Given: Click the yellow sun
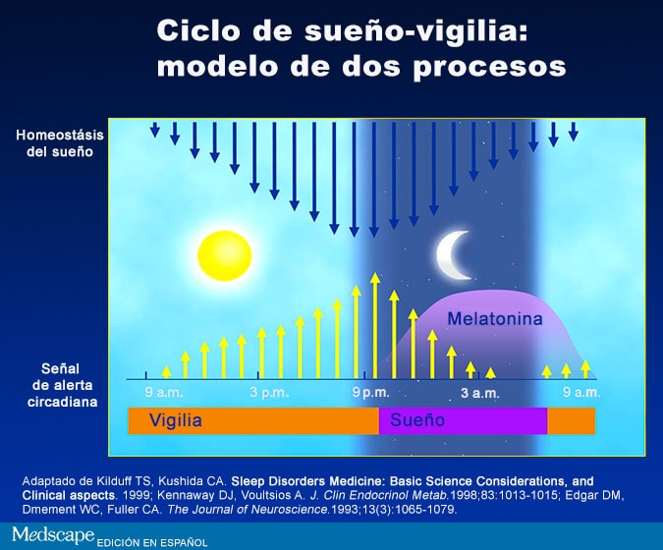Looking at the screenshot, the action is click(x=225, y=255).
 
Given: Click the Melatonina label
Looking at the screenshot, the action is click(x=495, y=318).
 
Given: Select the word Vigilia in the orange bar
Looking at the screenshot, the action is click(x=176, y=420).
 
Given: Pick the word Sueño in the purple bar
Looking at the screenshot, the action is click(x=417, y=419).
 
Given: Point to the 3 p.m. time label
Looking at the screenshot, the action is click(x=269, y=392).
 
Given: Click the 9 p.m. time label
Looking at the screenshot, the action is click(x=371, y=392).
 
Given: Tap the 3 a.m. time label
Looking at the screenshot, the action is click(x=480, y=393).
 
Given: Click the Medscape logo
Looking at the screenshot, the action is click(x=53, y=535).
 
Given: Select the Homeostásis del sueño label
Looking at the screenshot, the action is click(x=60, y=143).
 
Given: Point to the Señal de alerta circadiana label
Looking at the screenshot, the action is click(x=62, y=385).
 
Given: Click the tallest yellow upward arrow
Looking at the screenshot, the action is click(x=374, y=325).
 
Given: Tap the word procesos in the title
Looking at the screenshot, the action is click(x=489, y=67).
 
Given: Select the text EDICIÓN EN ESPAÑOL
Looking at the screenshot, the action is click(x=152, y=542).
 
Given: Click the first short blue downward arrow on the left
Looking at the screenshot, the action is click(x=155, y=130).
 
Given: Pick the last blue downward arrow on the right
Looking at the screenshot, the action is click(x=574, y=132).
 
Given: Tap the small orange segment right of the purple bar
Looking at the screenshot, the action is click(x=572, y=420).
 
